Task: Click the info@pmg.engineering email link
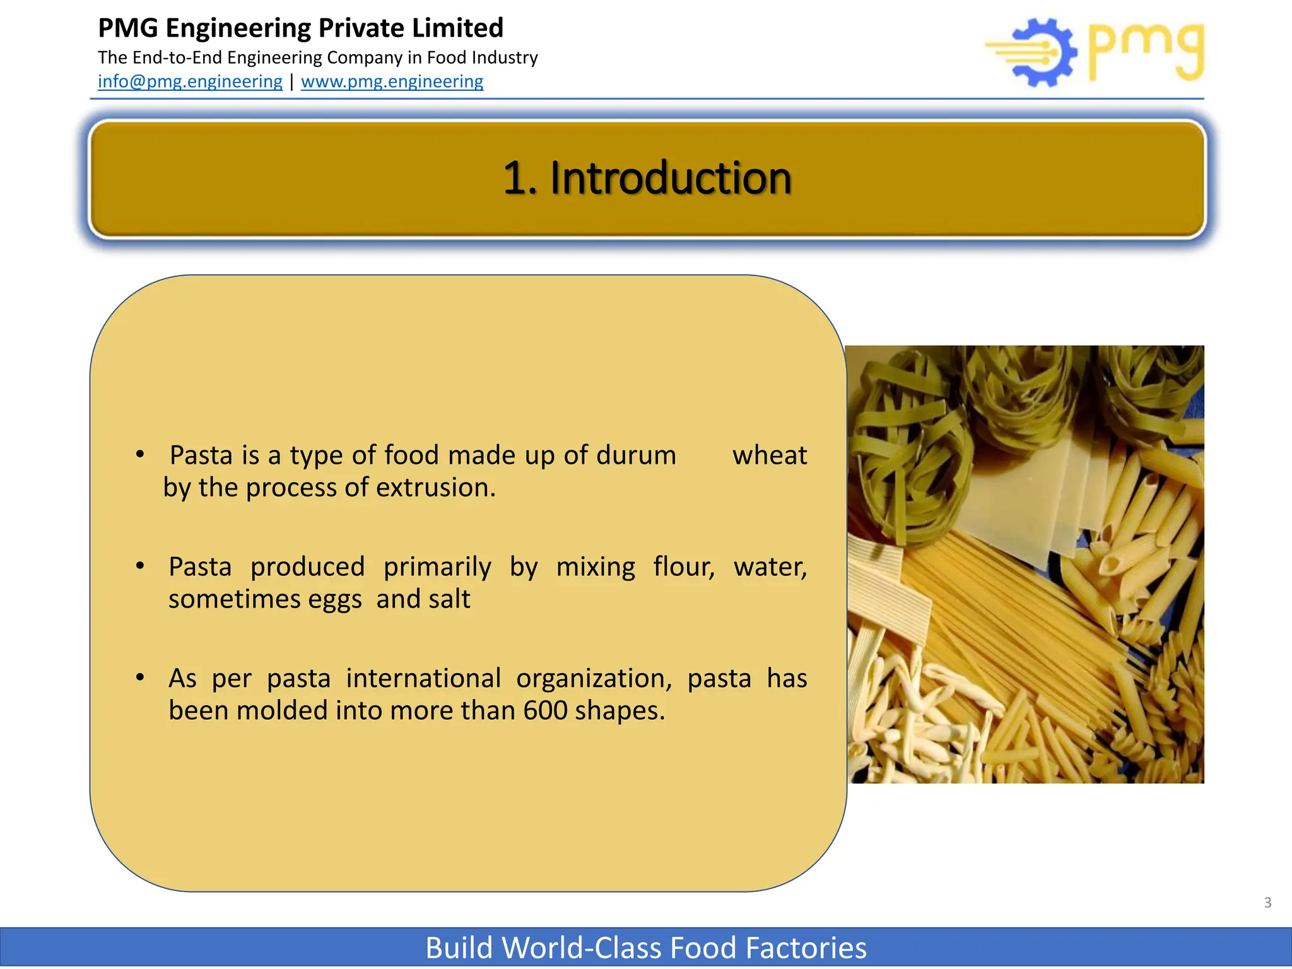coord(190,81)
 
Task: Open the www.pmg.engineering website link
coord(392,81)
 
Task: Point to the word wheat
coord(770,455)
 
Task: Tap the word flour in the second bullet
coord(684,567)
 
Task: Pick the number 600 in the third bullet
coord(545,710)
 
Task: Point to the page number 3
coord(1267,903)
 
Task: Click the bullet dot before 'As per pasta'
coord(140,678)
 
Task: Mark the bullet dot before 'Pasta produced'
coord(140,566)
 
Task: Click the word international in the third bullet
coord(423,679)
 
